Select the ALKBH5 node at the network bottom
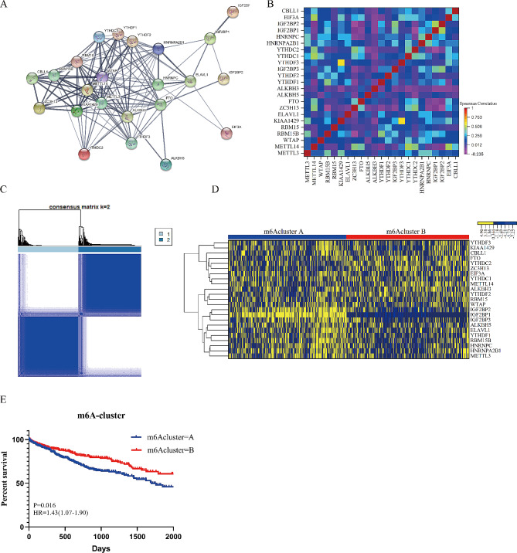click(x=176, y=165)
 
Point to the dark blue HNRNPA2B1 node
click(x=158, y=49)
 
